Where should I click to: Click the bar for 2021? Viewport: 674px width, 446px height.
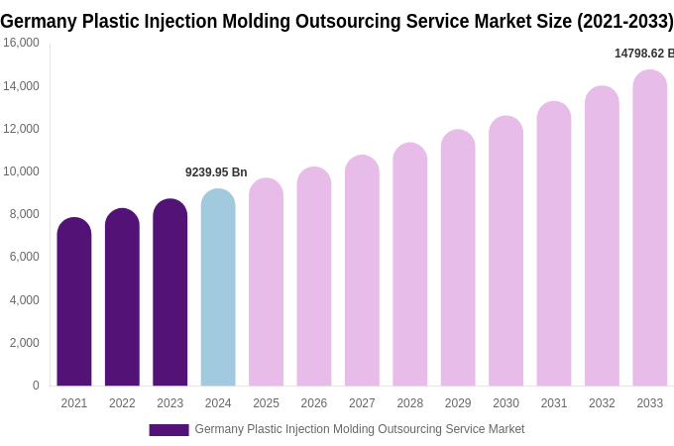[74, 302]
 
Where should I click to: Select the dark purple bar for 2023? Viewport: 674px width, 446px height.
[169, 293]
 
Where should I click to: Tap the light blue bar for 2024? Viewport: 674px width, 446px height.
[218, 287]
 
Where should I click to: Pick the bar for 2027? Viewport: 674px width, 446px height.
[362, 271]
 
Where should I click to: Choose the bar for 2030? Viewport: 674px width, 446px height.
[505, 252]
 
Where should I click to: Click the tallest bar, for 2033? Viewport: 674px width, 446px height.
[649, 228]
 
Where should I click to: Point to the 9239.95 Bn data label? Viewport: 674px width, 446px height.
[216, 172]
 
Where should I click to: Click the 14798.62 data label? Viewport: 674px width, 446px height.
[643, 54]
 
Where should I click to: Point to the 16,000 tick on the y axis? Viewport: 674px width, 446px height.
[21, 43]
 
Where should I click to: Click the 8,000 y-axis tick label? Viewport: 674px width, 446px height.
[24, 214]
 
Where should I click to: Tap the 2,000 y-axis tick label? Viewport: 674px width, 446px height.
[24, 343]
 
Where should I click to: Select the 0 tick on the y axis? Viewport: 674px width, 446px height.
[36, 386]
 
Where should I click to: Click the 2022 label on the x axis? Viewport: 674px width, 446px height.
[122, 403]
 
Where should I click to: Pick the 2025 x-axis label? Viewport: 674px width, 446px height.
[266, 403]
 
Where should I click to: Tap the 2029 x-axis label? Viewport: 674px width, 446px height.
[458, 403]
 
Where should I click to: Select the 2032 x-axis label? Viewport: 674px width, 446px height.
[602, 403]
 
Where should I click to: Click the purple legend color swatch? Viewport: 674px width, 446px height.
[168, 430]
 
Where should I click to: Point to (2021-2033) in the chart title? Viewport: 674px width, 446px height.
[624, 21]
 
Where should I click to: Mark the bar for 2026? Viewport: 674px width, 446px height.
[314, 277]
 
